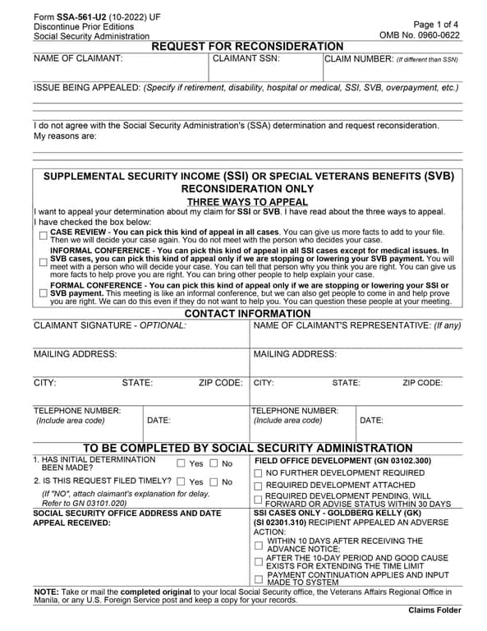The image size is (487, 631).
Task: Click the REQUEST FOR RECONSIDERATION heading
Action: click(247, 47)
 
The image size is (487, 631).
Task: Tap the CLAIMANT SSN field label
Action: click(246, 59)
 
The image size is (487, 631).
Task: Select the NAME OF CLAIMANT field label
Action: click(78, 59)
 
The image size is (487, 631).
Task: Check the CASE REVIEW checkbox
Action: click(43, 235)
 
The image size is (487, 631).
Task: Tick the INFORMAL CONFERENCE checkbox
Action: click(43, 262)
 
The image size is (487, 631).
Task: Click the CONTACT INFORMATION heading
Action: click(247, 314)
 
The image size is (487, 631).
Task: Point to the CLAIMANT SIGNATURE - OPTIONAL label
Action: click(110, 326)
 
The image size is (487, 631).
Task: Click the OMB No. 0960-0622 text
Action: click(420, 36)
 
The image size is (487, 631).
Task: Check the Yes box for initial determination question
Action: click(181, 464)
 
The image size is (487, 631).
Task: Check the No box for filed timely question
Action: click(214, 482)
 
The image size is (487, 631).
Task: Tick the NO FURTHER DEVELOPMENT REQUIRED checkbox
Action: click(259, 474)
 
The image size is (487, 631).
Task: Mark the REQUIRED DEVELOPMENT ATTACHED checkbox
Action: click(259, 486)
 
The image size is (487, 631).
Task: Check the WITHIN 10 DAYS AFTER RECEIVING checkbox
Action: click(259, 545)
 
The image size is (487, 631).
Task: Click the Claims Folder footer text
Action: click(434, 610)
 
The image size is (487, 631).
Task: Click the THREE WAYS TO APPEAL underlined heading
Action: click(247, 201)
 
